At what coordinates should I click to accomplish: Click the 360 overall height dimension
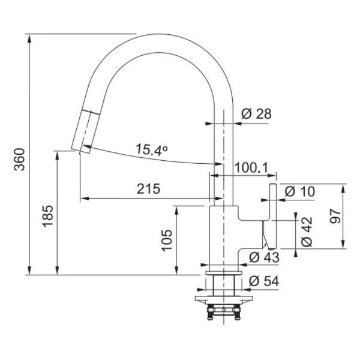[x=19, y=160]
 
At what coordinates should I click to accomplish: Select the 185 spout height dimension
[x=48, y=216]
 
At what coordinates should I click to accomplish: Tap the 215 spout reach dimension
[x=148, y=189]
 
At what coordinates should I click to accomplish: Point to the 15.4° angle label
[x=152, y=149]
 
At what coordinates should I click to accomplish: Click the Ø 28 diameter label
[x=256, y=113]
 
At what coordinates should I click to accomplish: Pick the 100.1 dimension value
[x=251, y=168]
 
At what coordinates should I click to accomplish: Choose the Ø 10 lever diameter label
[x=299, y=191]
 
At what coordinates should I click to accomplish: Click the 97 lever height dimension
[x=335, y=216]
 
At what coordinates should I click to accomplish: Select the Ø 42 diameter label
[x=307, y=232]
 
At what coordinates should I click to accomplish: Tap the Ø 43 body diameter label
[x=264, y=257]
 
